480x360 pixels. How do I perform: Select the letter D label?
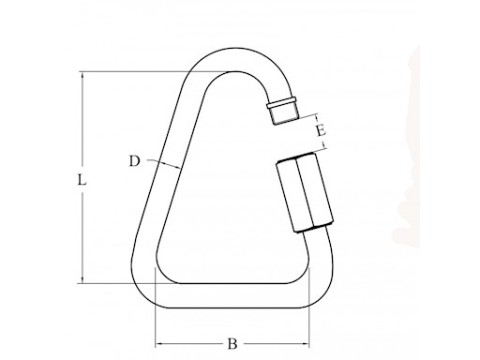(134, 160)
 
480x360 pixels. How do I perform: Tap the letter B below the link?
(232, 344)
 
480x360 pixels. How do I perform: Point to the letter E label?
(321, 130)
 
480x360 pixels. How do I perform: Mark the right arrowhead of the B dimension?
(307, 343)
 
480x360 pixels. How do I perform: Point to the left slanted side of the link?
(169, 178)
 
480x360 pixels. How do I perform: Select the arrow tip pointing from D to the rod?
(177, 166)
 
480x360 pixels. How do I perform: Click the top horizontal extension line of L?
(141, 68)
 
